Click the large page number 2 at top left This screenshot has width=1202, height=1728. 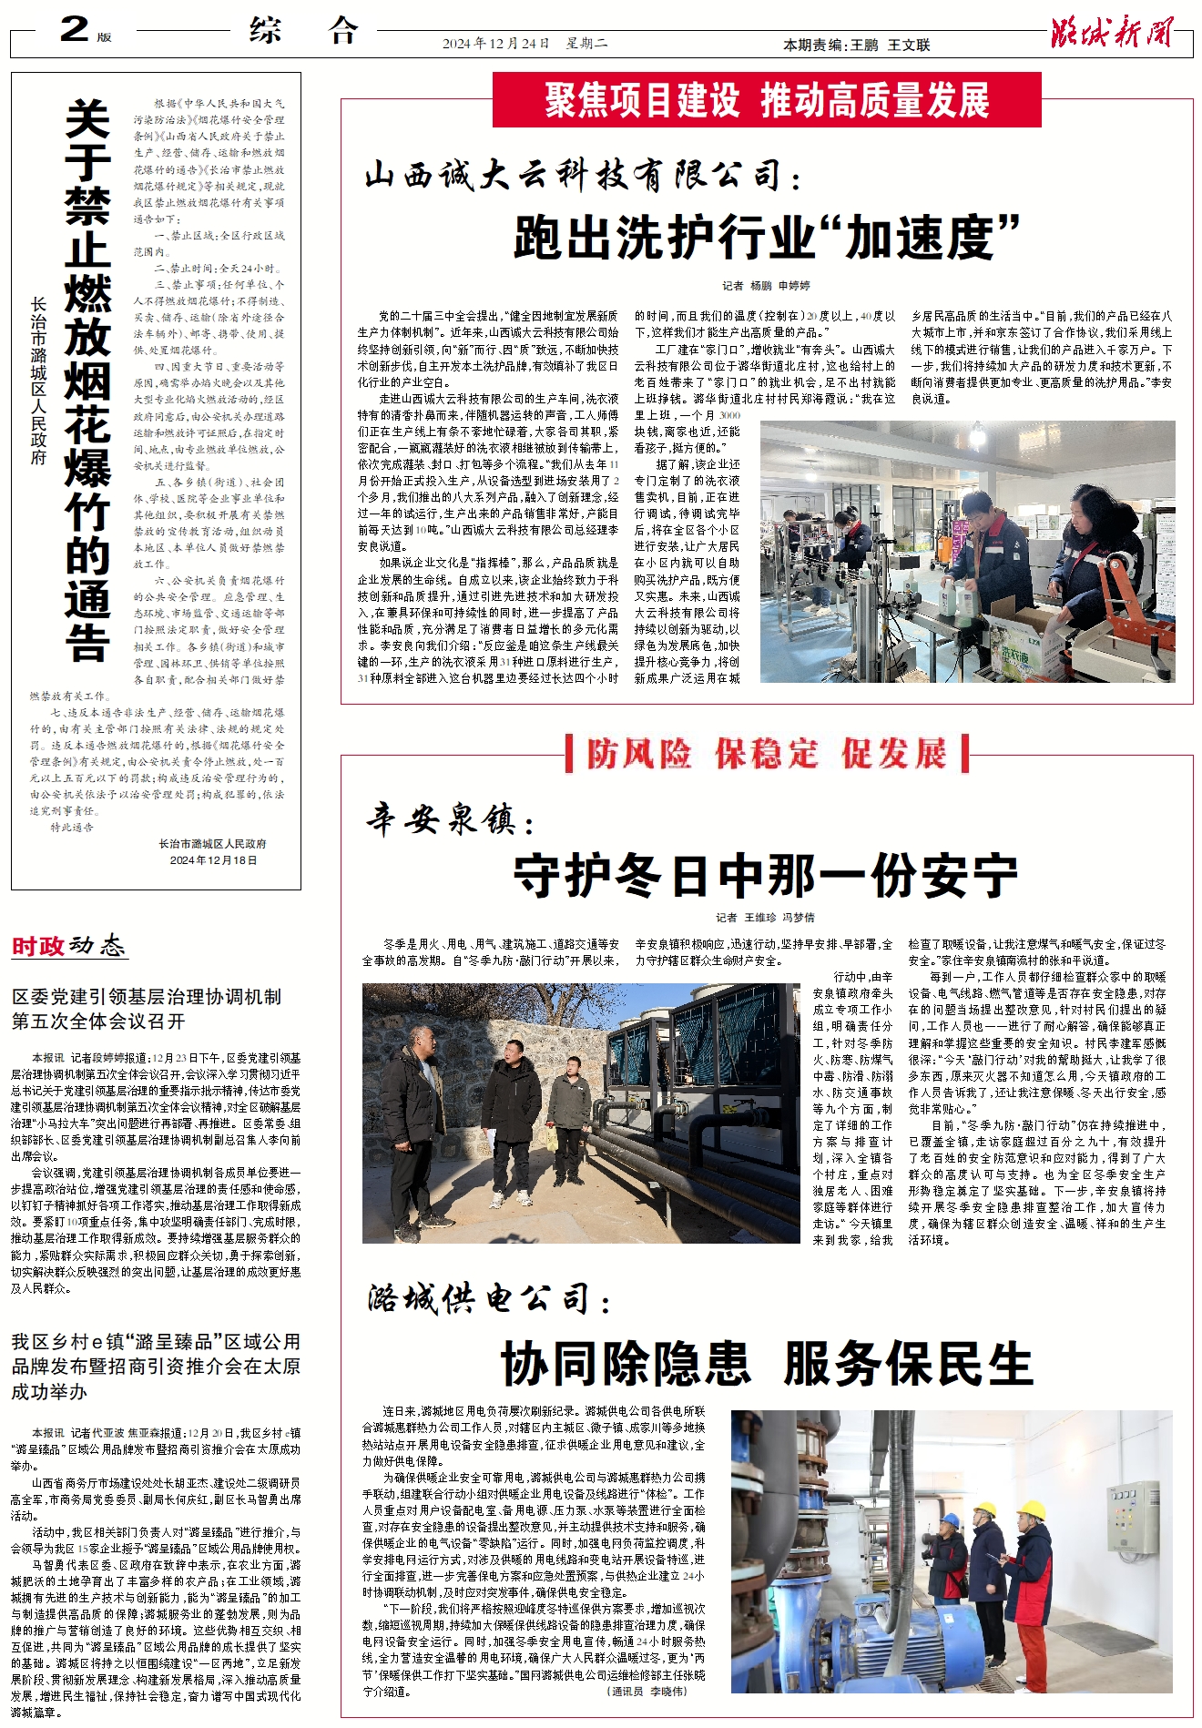75,29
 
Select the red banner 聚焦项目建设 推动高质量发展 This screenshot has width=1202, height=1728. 767,100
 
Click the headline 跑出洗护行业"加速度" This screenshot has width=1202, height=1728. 767,238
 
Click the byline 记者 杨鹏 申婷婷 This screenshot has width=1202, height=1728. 766,285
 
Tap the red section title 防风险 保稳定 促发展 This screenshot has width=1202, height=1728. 767,754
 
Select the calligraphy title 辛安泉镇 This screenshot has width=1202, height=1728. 450,819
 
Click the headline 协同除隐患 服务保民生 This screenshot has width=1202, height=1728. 767,1364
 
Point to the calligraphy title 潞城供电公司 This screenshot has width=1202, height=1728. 488,1298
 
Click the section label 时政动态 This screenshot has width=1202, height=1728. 68,946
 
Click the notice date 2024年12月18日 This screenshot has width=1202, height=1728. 213,859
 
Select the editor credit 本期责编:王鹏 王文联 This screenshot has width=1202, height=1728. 856,45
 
